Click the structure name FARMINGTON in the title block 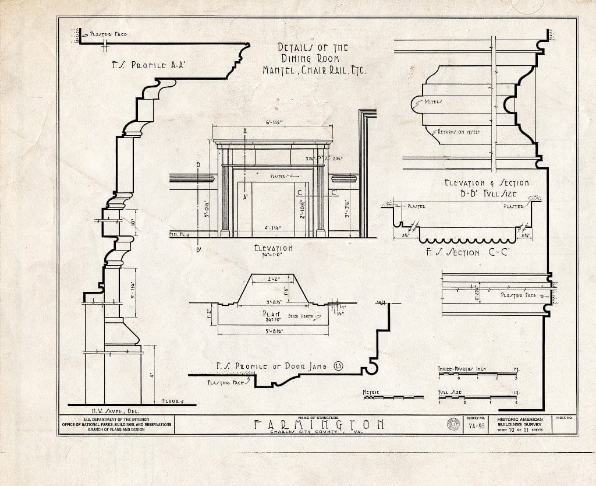click(318, 424)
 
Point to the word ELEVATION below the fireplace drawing click(273, 248)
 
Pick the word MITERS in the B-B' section click(433, 101)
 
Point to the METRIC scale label click(371, 392)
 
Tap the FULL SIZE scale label click(451, 392)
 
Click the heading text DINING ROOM click(315, 58)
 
